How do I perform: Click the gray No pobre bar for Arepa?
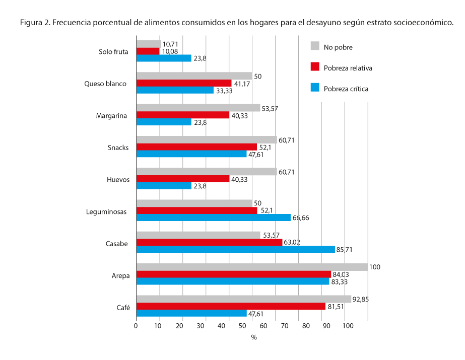pos(252,267)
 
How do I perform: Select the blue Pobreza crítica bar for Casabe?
pos(236,249)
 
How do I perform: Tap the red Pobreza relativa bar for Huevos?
pos(183,179)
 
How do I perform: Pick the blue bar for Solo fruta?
pos(164,58)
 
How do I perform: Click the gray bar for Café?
pos(244,299)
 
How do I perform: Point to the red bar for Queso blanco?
pos(184,83)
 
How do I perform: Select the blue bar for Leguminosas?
pos(214,218)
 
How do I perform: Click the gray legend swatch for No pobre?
pos(315,46)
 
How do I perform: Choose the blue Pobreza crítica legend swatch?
pos(315,88)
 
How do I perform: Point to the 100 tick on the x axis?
pos(347,326)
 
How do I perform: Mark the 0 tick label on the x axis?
pos(136,326)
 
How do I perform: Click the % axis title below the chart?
pos(254,337)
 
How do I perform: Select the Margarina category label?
pos(111,116)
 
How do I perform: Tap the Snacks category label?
pos(118,148)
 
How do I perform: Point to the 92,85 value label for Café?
pos(362,300)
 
